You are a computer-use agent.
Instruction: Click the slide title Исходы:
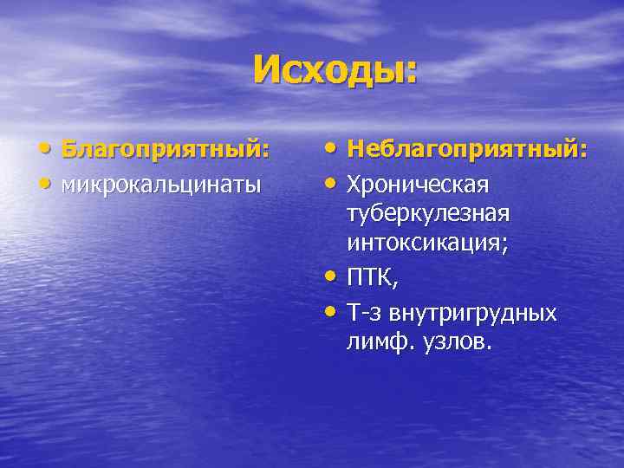pos(335,70)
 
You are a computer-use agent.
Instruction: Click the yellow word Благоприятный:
pos(165,151)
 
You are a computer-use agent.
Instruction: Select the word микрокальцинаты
pos(161,185)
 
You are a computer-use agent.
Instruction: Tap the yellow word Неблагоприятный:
pos(467,151)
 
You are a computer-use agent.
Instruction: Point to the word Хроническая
pos(418,185)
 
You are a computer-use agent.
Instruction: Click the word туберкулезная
pos(428,214)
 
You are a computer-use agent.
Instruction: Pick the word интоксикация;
pos(427,244)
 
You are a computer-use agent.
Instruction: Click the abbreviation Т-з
pos(365,312)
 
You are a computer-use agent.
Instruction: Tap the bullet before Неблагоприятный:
pos(332,151)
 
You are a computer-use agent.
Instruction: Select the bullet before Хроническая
pos(332,185)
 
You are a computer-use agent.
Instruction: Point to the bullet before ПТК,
pos(332,278)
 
